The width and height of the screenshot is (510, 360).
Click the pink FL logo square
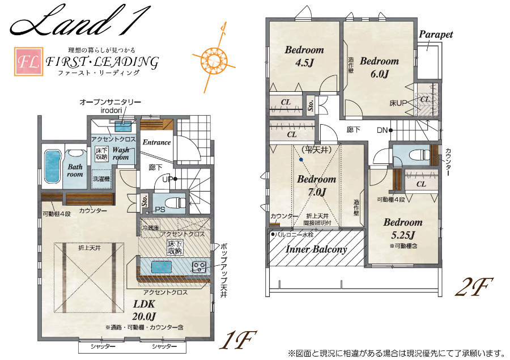(x=29, y=62)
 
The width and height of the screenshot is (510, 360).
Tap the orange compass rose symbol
(x=214, y=59)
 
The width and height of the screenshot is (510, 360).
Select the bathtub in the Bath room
(x=52, y=167)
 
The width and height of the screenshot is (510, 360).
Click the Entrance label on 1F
(x=157, y=142)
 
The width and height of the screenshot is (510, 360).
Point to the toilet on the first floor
(x=175, y=203)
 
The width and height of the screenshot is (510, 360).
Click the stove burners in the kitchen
(x=198, y=267)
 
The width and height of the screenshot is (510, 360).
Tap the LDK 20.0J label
(x=144, y=310)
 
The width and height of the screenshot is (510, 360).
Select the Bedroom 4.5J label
(x=304, y=56)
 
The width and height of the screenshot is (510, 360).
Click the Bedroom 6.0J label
(x=379, y=67)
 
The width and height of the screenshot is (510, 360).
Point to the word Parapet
(x=436, y=34)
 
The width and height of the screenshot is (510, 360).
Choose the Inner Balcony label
(x=316, y=249)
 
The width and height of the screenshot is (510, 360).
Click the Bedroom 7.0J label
(x=316, y=185)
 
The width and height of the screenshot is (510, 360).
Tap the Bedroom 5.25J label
(x=403, y=228)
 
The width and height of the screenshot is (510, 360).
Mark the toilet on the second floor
(x=419, y=155)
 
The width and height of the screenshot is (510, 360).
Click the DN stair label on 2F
(x=382, y=130)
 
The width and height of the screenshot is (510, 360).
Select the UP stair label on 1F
(x=167, y=179)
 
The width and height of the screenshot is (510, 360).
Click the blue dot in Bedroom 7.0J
(x=301, y=159)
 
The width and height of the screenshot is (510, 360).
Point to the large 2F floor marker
(x=474, y=287)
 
